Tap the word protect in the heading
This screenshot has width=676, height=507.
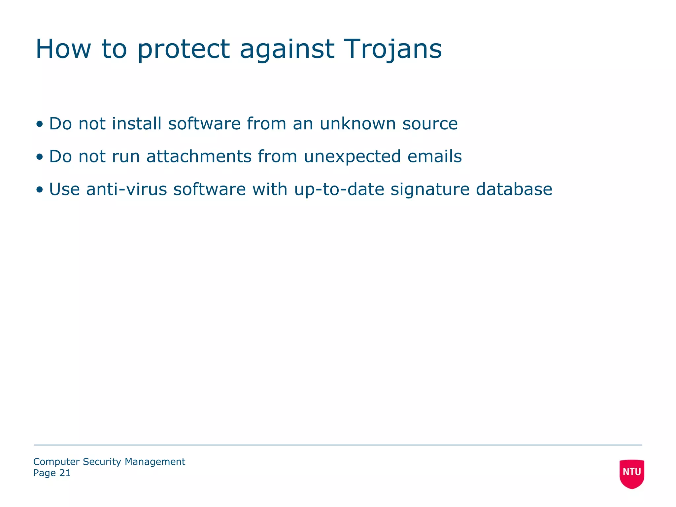(x=183, y=50)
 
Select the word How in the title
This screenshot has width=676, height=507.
(x=63, y=49)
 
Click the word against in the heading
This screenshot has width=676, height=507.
(x=287, y=49)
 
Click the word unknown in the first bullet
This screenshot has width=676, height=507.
(x=357, y=124)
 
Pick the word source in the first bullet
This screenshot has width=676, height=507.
(x=430, y=124)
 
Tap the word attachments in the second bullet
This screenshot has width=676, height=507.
(x=199, y=156)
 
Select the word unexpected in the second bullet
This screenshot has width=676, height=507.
(x=352, y=157)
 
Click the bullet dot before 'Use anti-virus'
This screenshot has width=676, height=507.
(x=40, y=190)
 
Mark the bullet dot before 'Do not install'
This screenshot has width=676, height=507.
(x=40, y=124)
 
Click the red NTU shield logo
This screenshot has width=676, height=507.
(x=632, y=473)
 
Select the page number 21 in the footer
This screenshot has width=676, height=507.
(x=65, y=473)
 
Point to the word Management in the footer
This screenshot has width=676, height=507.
(x=155, y=462)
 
